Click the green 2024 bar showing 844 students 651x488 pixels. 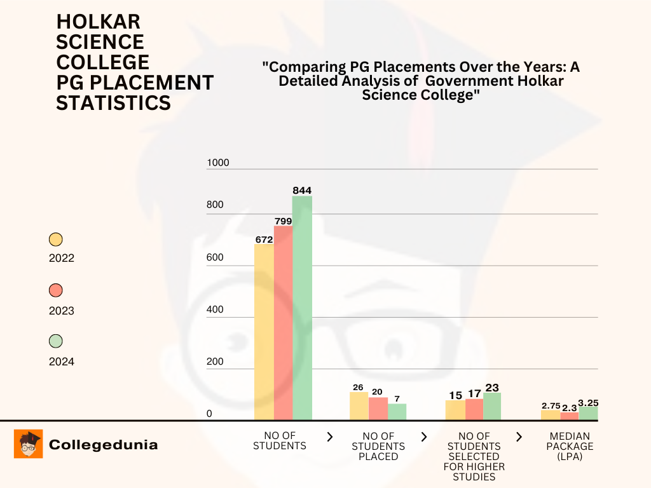click(302, 308)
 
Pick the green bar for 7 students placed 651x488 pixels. click(397, 412)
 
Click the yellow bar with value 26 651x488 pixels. click(359, 406)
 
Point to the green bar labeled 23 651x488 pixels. click(492, 406)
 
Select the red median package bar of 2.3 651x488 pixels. click(570, 416)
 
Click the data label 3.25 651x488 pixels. click(588, 403)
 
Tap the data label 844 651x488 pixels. click(302, 190)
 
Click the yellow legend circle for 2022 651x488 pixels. click(56, 240)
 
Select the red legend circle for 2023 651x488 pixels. click(56, 290)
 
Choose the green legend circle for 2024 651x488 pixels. click(56, 341)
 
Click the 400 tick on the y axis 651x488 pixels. click(216, 309)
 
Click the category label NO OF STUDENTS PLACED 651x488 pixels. click(378, 446)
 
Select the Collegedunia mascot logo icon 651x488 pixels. click(29, 444)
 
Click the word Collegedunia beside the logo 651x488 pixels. click(103, 445)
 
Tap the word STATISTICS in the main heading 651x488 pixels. click(113, 102)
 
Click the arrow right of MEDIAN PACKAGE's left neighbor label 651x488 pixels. click(519, 437)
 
